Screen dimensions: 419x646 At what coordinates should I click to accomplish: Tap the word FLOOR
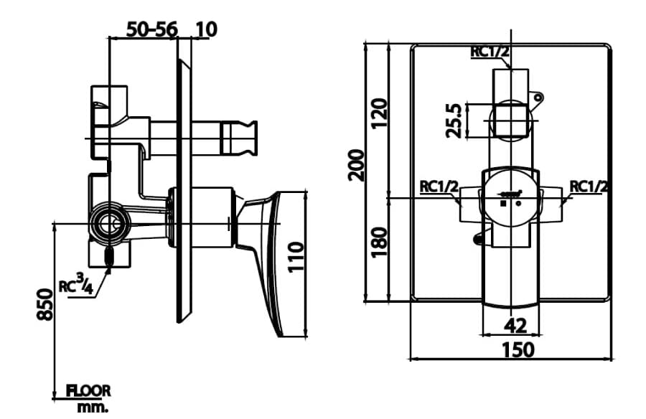click(89, 391)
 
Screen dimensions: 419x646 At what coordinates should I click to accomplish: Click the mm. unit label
click(93, 408)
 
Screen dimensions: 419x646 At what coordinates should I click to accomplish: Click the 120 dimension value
click(380, 113)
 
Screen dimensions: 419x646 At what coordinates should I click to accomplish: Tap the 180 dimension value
click(380, 241)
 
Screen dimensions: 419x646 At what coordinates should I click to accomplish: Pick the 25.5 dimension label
click(452, 120)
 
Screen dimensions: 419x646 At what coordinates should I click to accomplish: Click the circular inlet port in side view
click(111, 224)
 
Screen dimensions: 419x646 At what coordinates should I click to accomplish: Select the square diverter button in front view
click(510, 120)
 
